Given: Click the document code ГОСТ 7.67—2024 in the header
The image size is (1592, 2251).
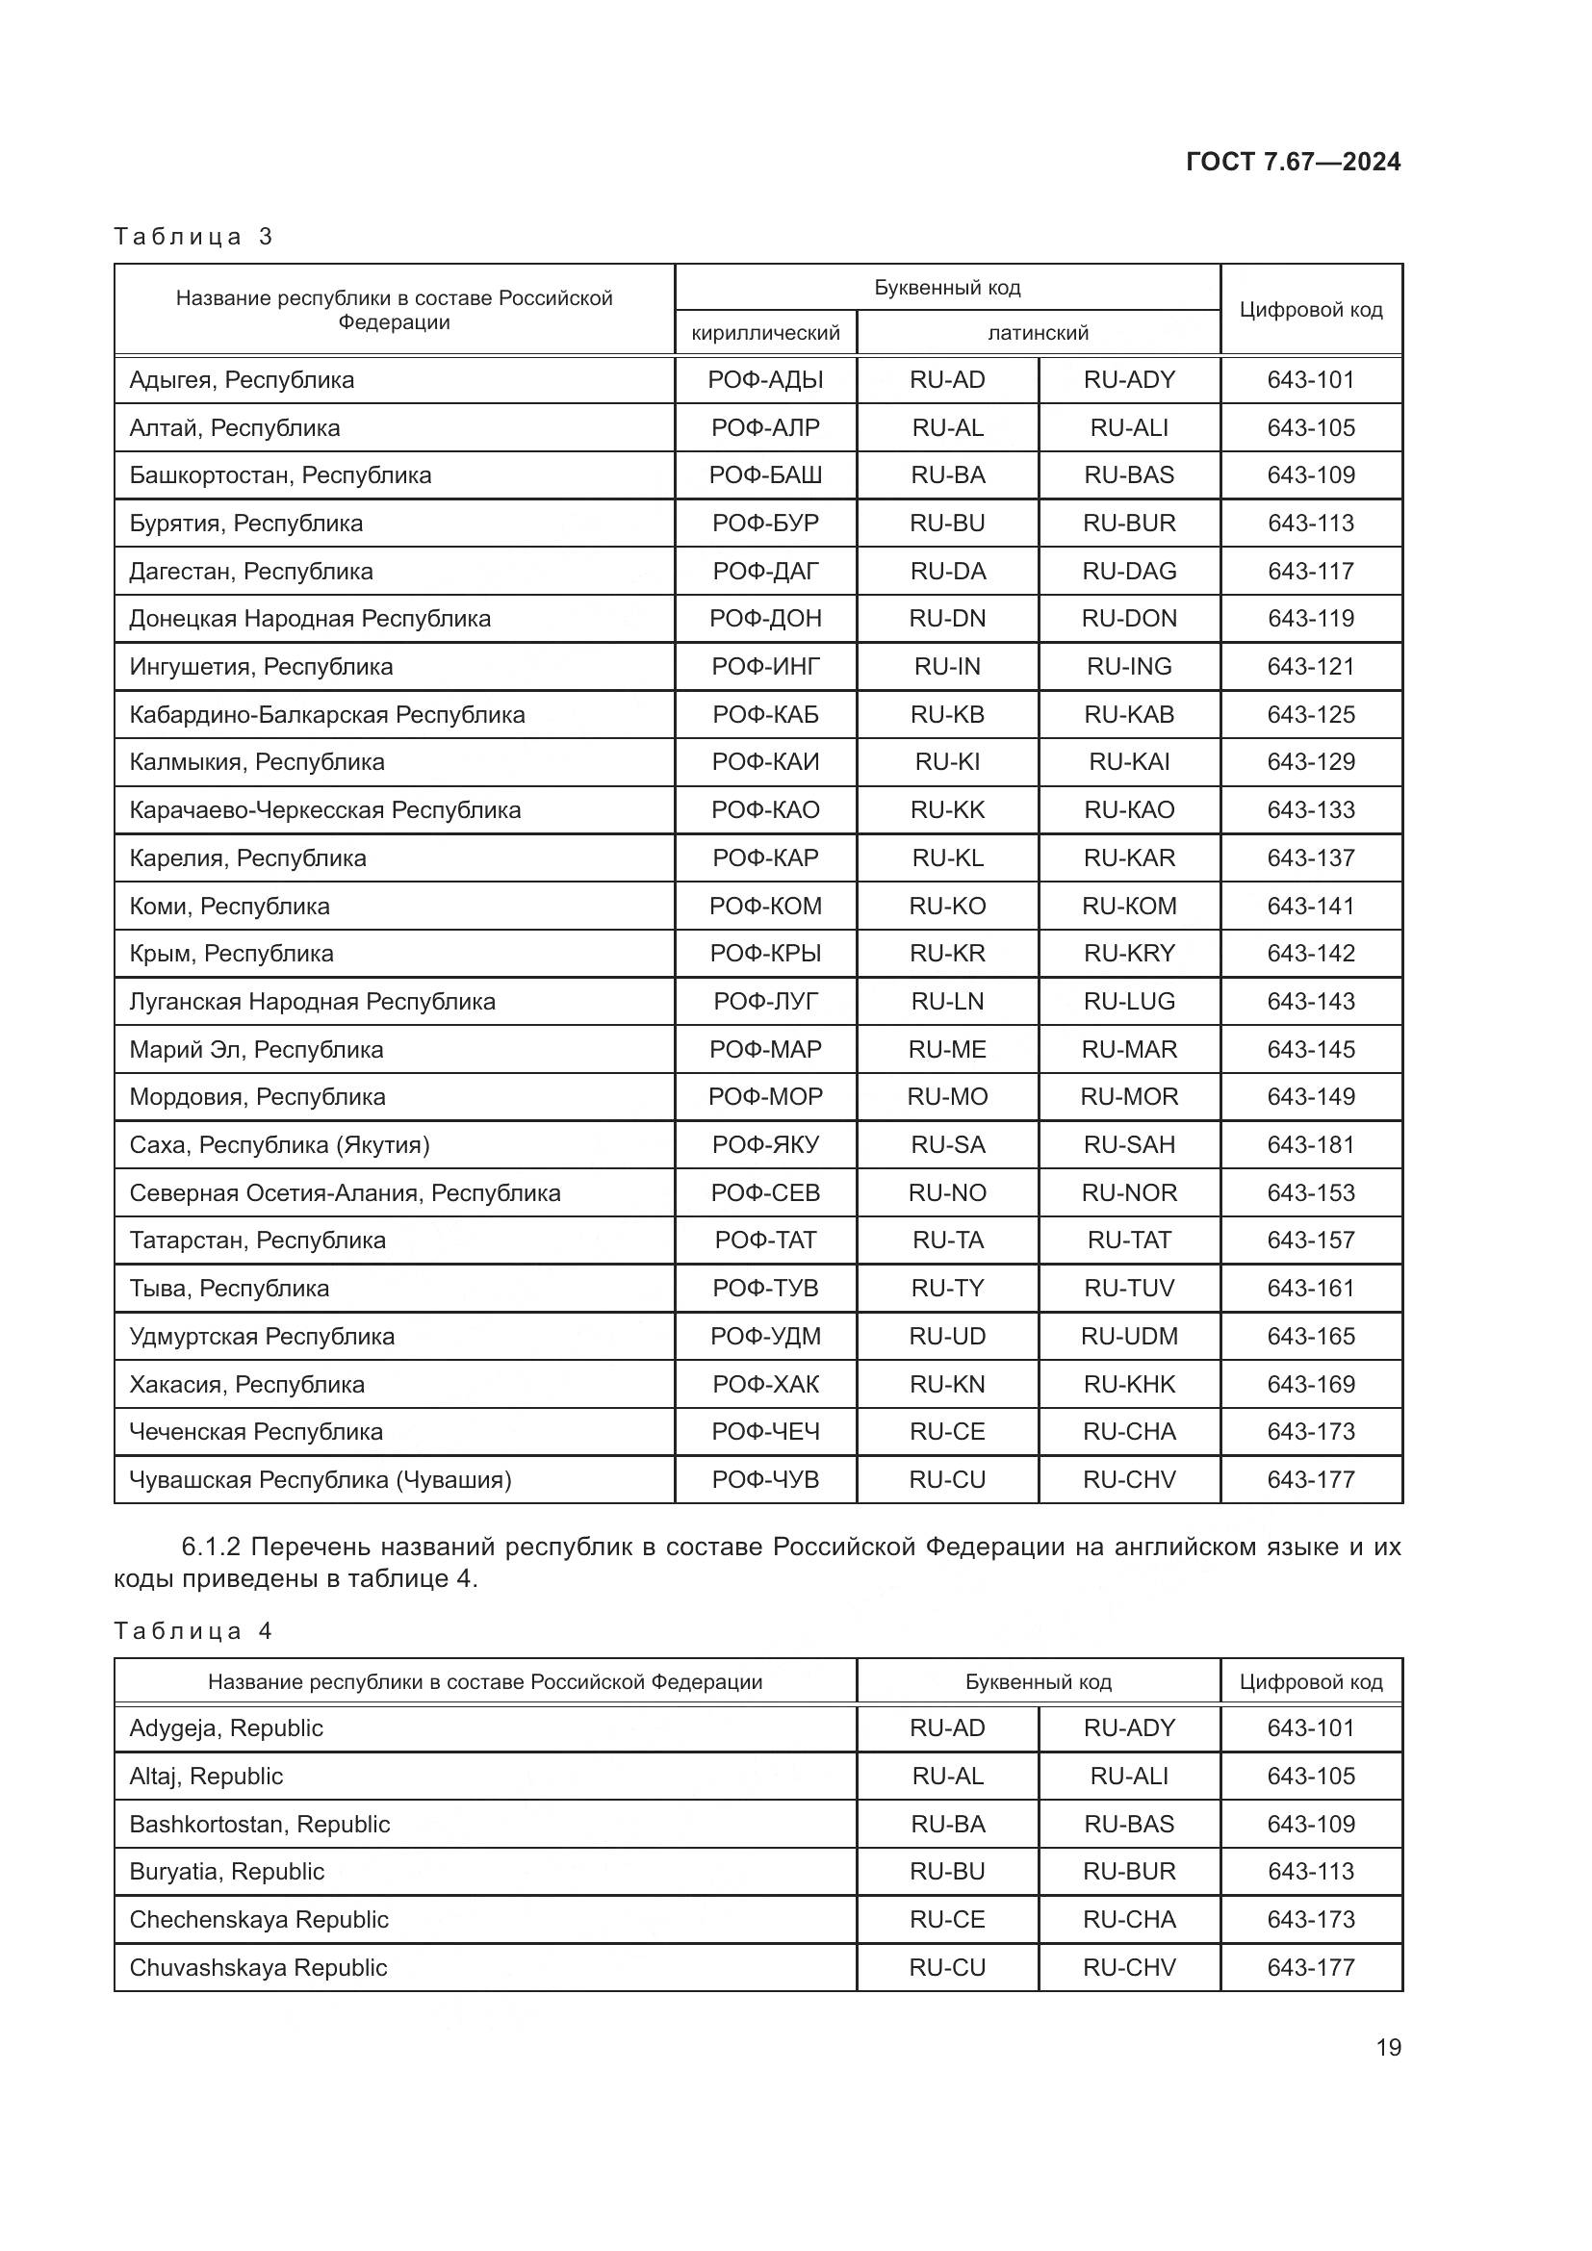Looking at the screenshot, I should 1292,162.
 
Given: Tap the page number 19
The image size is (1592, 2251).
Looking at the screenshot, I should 1388,2047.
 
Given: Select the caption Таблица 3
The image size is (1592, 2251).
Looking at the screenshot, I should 193,237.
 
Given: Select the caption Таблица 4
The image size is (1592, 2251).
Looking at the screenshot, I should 193,1631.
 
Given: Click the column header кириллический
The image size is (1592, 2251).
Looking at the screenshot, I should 765,333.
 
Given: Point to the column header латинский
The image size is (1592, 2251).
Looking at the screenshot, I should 1038,333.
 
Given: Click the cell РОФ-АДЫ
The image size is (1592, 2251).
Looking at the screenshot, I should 765,380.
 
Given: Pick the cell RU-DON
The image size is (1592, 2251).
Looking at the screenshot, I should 1128,619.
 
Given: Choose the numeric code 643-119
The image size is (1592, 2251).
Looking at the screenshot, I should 1311,619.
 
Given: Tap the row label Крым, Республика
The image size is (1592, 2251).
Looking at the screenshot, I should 231,954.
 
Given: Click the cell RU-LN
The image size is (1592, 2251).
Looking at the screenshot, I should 947,1002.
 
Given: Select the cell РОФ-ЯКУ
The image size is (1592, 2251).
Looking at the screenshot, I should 765,1145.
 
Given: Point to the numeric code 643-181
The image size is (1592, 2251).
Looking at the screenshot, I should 1311,1145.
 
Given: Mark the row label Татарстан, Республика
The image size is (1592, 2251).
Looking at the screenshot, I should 258,1241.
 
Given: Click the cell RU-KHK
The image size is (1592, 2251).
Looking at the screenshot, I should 1128,1384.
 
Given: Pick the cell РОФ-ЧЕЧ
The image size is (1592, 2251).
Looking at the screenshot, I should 765,1431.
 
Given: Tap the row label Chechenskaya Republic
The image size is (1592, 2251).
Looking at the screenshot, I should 259,1920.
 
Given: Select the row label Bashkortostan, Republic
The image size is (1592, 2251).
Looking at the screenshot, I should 260,1825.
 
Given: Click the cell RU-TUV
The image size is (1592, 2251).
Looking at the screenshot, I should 1128,1289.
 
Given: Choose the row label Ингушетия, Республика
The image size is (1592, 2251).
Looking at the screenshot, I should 261,667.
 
